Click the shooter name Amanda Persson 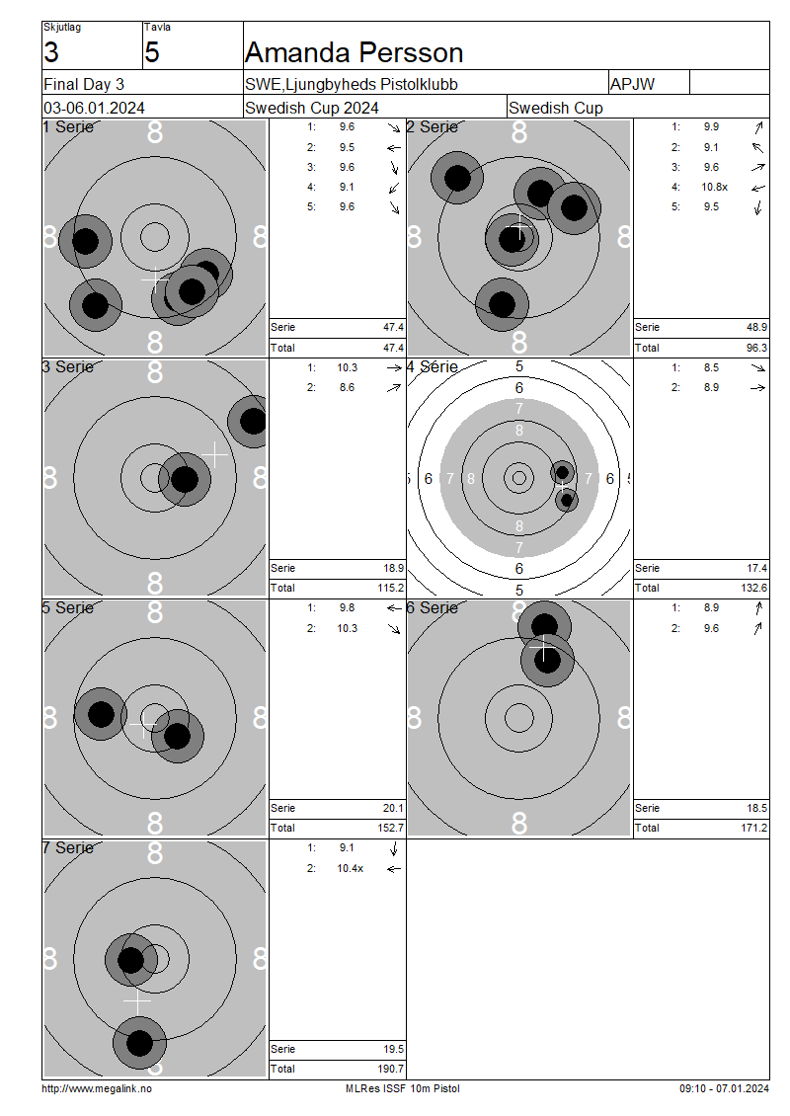point(354,52)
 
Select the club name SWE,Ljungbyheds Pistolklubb point(352,84)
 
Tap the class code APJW point(632,84)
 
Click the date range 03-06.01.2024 point(94,109)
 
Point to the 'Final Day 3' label point(84,84)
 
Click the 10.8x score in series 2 point(715,188)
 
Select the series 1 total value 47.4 point(394,348)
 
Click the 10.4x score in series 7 point(351,868)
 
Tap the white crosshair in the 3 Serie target point(214,453)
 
